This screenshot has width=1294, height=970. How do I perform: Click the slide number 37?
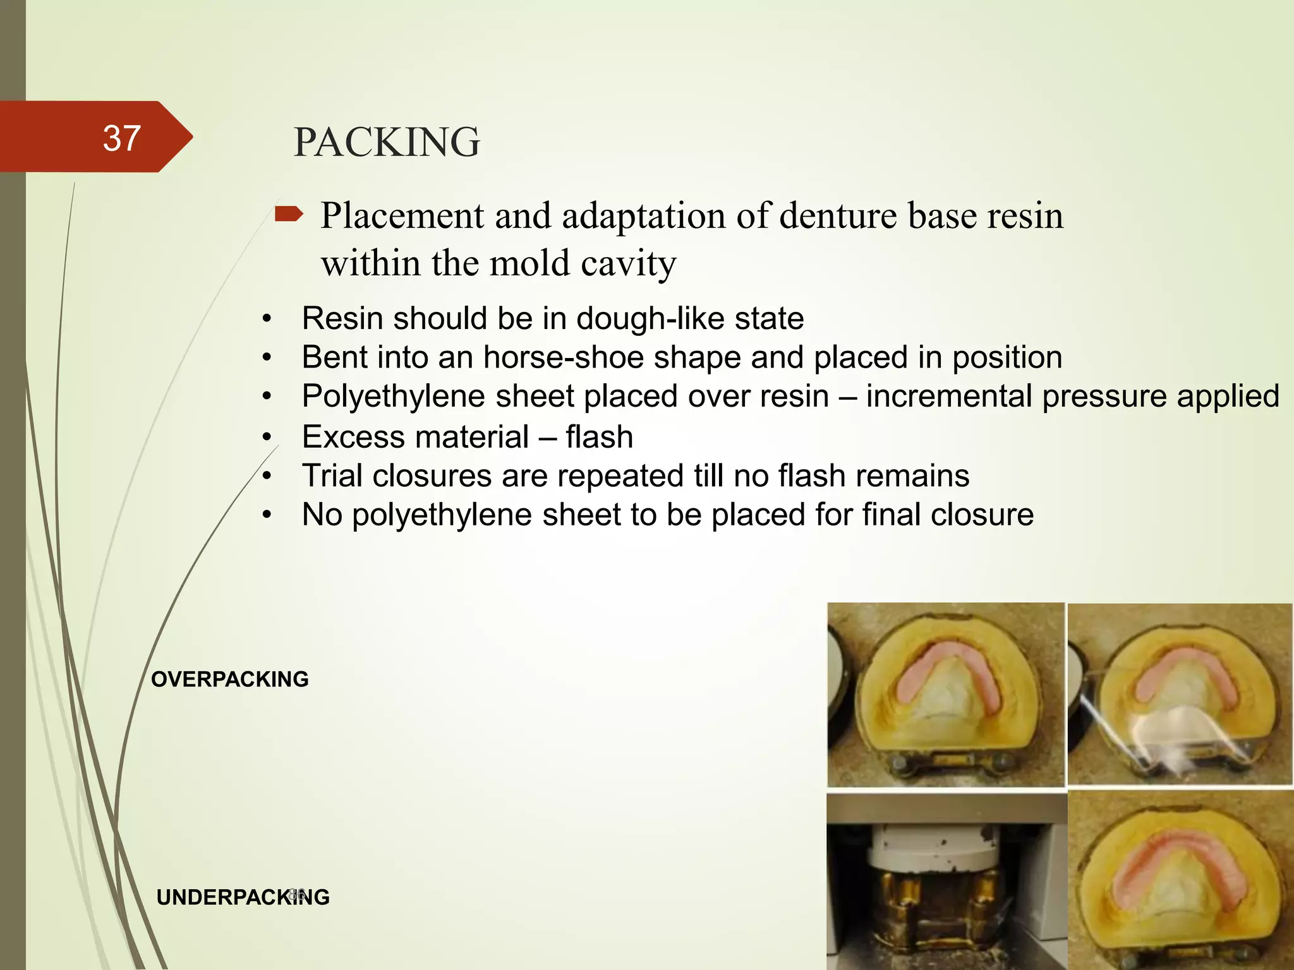pos(121,138)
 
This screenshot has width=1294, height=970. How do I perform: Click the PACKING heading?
pos(387,142)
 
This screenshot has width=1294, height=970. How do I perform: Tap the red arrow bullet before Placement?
pos(289,215)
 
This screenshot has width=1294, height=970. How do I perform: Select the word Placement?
pos(402,216)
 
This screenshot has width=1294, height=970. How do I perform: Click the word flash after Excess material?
pos(599,437)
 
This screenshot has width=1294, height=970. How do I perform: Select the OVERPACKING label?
pos(230,679)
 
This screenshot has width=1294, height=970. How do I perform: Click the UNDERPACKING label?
pos(243,897)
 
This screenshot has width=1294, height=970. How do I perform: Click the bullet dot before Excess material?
pos(267,437)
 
